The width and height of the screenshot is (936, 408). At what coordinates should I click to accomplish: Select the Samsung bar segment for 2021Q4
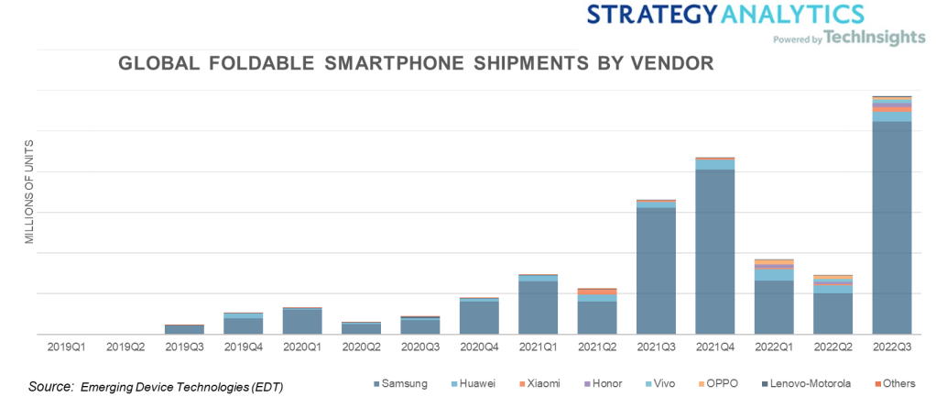tap(714, 251)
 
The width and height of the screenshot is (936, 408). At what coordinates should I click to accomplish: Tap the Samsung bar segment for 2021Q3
tap(656, 270)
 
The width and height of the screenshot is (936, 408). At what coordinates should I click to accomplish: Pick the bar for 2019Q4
tap(243, 325)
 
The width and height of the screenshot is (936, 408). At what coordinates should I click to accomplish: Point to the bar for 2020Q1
tap(302, 321)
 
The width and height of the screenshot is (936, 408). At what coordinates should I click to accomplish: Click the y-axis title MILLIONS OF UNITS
tap(29, 192)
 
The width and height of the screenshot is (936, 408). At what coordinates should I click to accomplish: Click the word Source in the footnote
tap(50, 386)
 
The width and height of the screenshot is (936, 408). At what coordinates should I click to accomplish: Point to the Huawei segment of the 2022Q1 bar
tap(774, 274)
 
